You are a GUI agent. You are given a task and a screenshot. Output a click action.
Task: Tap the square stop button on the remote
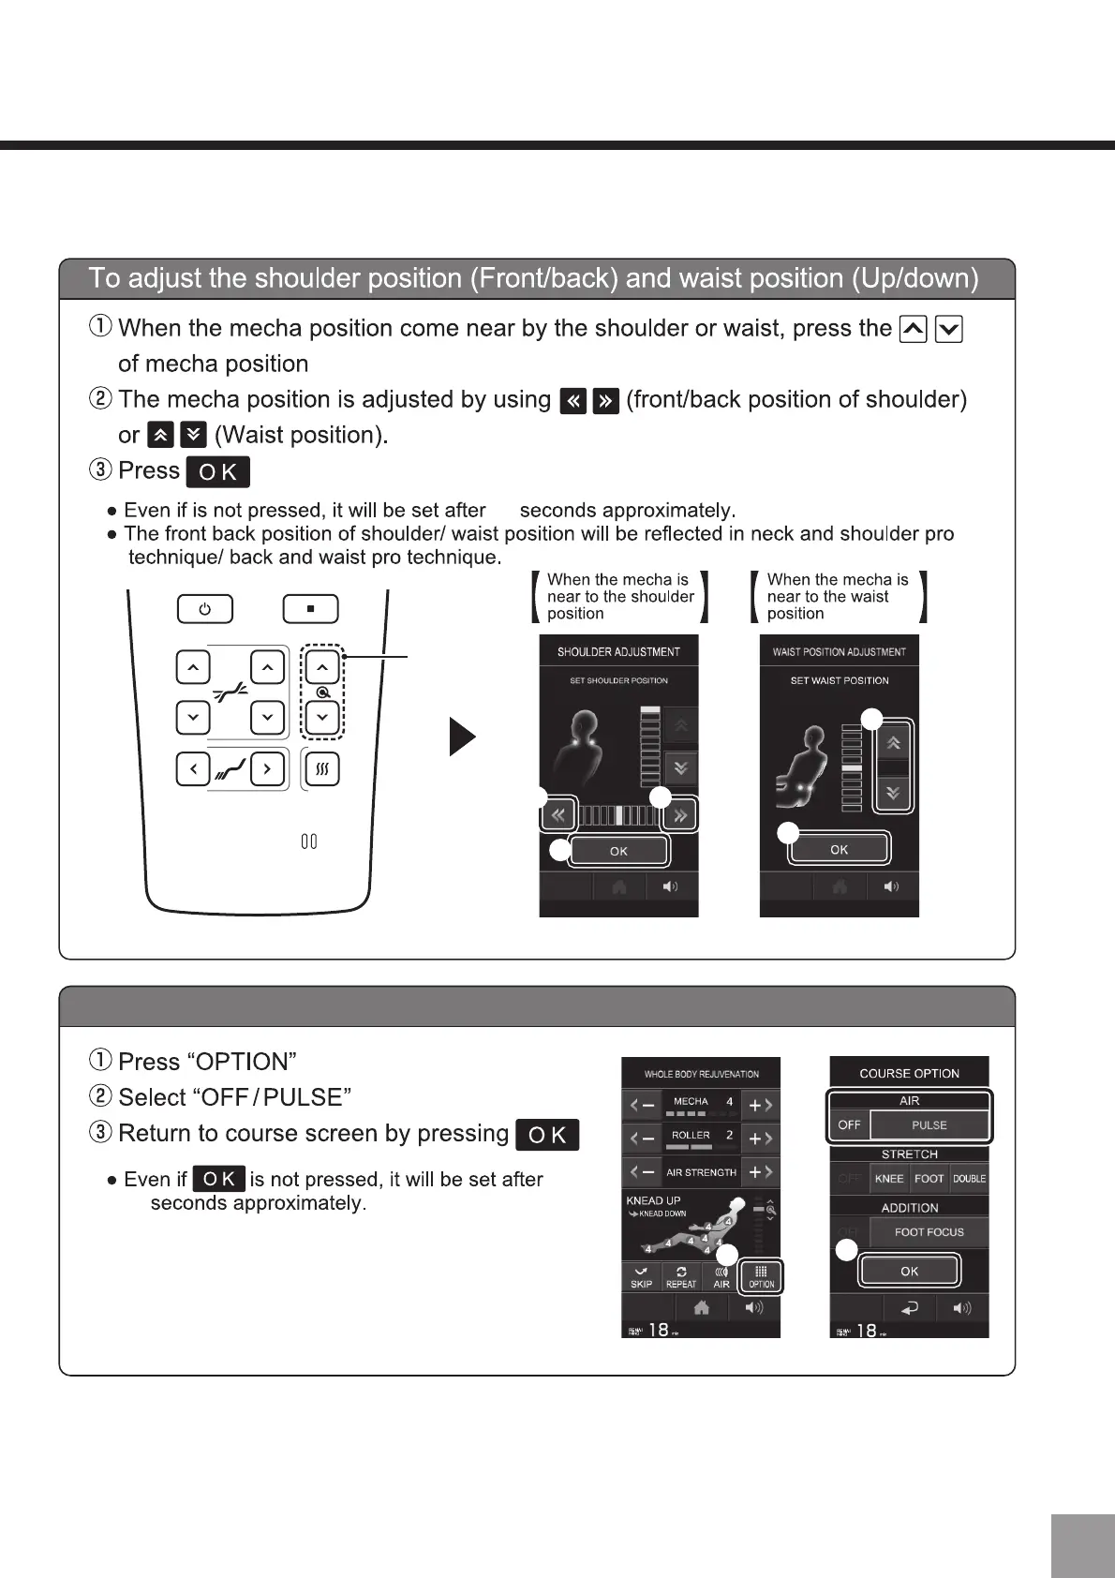[310, 609]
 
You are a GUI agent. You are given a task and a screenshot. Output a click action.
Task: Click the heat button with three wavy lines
[322, 769]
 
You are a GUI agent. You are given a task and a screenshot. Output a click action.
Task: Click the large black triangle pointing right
[462, 737]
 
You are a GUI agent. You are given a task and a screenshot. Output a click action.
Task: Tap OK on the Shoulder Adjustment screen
[618, 851]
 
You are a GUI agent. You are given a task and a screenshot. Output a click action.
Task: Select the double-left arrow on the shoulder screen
[558, 814]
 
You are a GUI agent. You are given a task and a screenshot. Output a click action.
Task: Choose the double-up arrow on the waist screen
[894, 743]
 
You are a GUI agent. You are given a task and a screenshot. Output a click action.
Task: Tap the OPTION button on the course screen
[761, 1276]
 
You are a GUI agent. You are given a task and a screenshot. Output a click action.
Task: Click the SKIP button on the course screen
[641, 1277]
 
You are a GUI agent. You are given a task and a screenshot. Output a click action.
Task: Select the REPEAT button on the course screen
[681, 1277]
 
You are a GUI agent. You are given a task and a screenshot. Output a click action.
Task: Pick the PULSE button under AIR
[929, 1124]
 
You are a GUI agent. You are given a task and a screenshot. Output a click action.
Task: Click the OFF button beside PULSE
[850, 1124]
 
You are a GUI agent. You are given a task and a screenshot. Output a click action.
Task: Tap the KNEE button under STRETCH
[889, 1179]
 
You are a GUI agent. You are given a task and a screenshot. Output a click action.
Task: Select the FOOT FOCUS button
[929, 1232]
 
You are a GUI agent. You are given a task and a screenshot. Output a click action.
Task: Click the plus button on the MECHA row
[760, 1106]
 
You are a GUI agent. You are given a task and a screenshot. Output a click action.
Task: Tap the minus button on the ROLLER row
[642, 1139]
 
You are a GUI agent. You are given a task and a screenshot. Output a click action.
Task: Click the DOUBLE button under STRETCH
[969, 1179]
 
